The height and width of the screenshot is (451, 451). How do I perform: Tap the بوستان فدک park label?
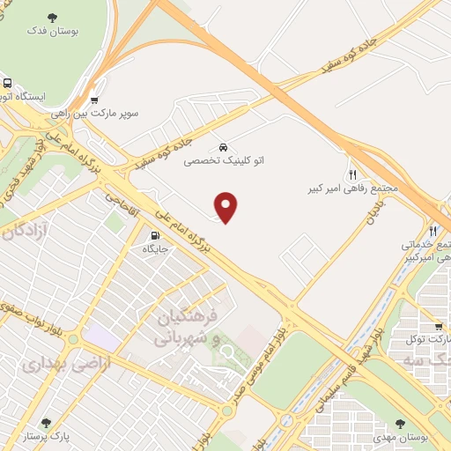[x=55, y=31]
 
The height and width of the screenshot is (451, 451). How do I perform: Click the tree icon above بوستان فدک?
[x=55, y=16]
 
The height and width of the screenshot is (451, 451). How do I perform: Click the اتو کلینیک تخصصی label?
[x=223, y=161]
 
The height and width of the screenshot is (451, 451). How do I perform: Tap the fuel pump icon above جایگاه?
[x=155, y=235]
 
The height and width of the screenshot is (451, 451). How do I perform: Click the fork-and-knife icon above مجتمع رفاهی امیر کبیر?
[x=353, y=174]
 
